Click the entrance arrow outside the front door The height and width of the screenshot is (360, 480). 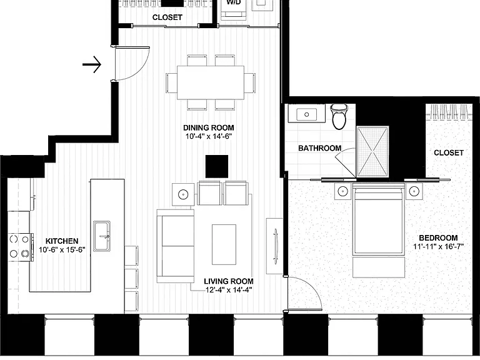pyautogui.click(x=92, y=64)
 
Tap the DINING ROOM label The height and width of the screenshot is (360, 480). pyautogui.click(x=209, y=127)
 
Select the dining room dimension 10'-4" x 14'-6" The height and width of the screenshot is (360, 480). pyautogui.click(x=209, y=136)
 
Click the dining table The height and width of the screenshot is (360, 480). pyautogui.click(x=211, y=82)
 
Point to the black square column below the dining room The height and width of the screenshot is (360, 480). pyautogui.click(x=217, y=166)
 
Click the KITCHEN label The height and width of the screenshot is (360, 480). pyautogui.click(x=62, y=241)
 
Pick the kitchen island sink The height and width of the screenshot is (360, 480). pyautogui.click(x=102, y=236)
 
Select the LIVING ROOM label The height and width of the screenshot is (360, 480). pyautogui.click(x=229, y=281)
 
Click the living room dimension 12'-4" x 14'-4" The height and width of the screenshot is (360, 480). pyautogui.click(x=229, y=289)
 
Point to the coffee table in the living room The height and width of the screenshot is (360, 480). pyautogui.click(x=224, y=244)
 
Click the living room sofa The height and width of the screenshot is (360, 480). pyautogui.click(x=176, y=246)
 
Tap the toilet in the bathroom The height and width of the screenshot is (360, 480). pyautogui.click(x=339, y=116)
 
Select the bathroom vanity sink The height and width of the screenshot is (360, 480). pyautogui.click(x=307, y=114)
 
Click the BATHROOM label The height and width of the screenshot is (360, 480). pyautogui.click(x=319, y=148)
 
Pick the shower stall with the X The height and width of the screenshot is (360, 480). pyautogui.click(x=372, y=152)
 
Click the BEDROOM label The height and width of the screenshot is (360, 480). pyautogui.click(x=438, y=238)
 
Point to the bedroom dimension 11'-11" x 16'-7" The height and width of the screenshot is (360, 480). pyautogui.click(x=438, y=246)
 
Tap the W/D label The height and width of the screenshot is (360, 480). pyautogui.click(x=234, y=2)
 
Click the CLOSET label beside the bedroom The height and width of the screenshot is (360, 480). pyautogui.click(x=449, y=152)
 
